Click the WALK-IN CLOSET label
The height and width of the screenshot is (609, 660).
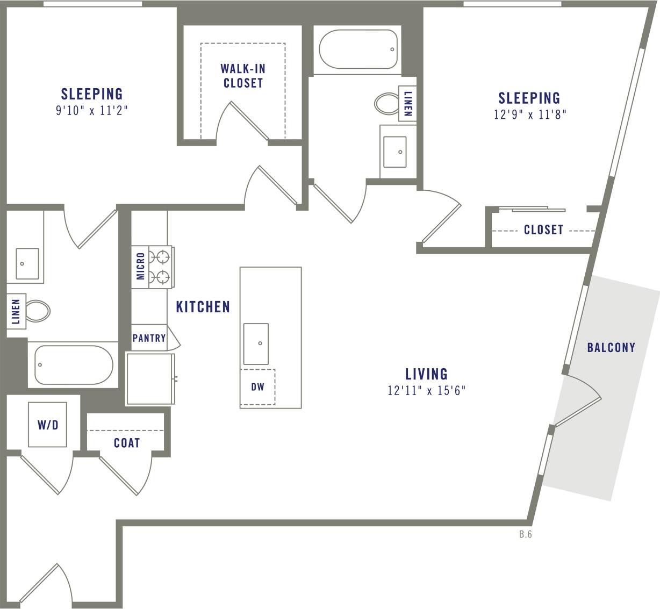243,76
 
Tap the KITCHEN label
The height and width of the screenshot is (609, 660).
203,307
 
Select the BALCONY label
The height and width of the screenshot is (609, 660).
611,348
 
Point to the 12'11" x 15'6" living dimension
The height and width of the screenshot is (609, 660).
426,390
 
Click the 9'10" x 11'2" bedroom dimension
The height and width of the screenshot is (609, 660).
91,111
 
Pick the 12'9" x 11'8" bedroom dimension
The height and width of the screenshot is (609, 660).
530,114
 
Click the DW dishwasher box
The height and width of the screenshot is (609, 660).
257,387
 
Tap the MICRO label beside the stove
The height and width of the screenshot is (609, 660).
140,266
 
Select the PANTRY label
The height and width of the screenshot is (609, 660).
149,338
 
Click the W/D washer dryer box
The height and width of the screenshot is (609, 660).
48,425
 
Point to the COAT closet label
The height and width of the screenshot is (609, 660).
127,443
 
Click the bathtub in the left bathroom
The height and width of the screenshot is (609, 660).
73,364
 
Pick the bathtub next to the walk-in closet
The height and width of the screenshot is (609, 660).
358,49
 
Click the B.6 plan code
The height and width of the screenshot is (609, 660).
525,534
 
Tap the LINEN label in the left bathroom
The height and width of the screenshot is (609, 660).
16,312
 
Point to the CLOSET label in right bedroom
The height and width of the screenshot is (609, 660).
543,230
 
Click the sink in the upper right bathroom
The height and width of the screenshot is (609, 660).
394,152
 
